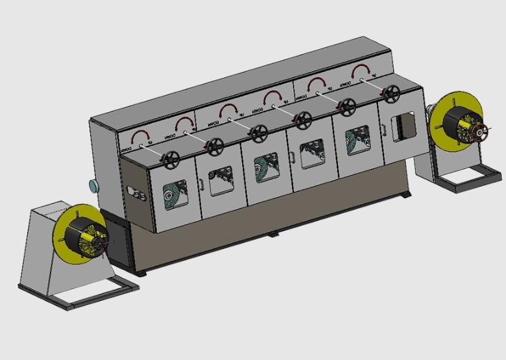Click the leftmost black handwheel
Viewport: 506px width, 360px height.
tap(173, 159)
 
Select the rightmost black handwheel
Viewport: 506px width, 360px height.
tap(389, 95)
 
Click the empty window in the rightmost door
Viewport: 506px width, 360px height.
tap(404, 125)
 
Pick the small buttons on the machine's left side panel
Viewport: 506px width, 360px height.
tap(134, 192)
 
